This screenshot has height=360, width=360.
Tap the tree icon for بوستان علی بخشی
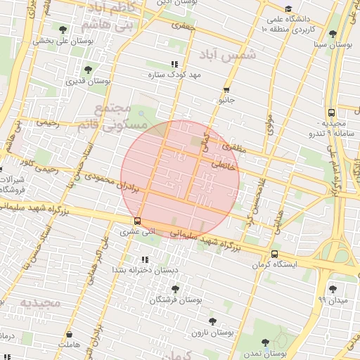point(63,30)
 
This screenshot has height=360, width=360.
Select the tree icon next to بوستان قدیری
point(88,70)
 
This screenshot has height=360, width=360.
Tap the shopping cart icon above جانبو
point(226,90)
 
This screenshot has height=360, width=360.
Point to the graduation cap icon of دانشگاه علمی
point(288,18)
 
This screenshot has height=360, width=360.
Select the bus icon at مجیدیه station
point(330,112)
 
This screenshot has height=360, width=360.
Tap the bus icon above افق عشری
point(136,219)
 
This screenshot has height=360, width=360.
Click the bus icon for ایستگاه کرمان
point(274,254)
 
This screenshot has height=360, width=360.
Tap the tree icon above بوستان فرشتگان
point(175,288)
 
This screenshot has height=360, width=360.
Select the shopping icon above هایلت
point(70,335)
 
